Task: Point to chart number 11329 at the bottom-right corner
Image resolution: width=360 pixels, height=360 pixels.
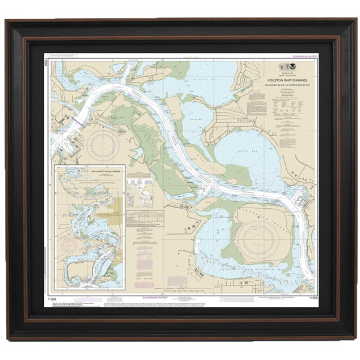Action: [x=312, y=297]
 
